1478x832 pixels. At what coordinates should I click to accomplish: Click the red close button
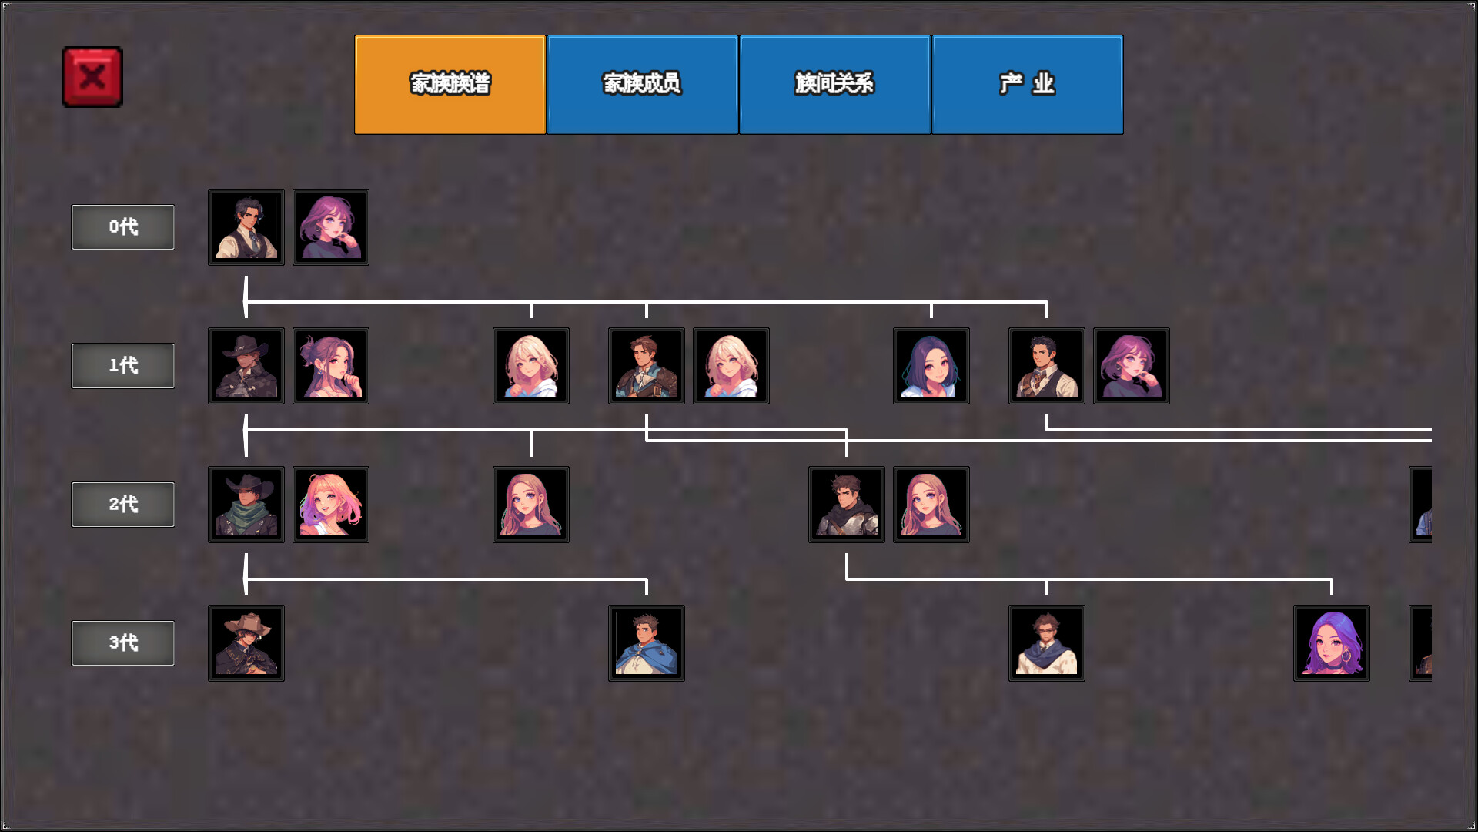[92, 77]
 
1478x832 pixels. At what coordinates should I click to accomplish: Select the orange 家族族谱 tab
[450, 85]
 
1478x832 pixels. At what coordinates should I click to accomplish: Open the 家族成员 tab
[643, 85]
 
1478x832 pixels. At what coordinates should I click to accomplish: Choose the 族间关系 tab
[835, 85]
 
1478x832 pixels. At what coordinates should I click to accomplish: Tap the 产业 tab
[1028, 85]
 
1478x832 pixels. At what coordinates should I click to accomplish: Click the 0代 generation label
[123, 227]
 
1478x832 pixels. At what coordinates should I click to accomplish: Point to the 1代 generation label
[123, 366]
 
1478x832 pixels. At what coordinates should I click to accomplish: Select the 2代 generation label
[123, 505]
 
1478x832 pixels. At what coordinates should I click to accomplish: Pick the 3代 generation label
[123, 643]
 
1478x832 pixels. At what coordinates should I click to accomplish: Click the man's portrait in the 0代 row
[246, 227]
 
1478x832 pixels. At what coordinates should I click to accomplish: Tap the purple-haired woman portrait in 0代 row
[331, 227]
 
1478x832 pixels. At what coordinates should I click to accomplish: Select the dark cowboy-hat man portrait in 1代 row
[246, 366]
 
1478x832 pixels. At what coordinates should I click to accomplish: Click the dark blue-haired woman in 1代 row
[931, 366]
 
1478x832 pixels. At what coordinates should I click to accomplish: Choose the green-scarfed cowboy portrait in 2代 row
[246, 505]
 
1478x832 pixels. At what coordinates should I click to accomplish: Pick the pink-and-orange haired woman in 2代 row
[331, 505]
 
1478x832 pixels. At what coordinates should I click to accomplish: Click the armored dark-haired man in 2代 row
[847, 505]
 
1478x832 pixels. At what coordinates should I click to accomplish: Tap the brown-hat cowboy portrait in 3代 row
[246, 643]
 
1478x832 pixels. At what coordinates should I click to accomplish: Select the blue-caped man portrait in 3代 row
[647, 643]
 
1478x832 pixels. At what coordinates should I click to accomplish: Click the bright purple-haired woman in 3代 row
[1332, 643]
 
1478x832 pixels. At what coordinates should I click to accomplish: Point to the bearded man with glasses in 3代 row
[1047, 643]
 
